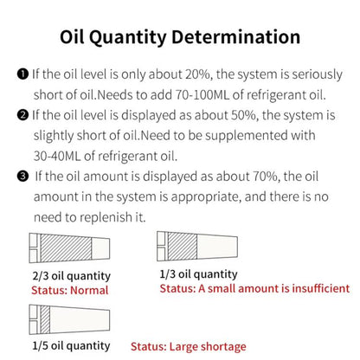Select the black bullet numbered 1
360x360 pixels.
point(22,74)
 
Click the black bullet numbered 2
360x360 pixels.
point(22,115)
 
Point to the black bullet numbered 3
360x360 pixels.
point(22,176)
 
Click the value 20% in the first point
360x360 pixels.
point(198,74)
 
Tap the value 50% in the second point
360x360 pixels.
point(244,115)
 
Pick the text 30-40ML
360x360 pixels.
point(57,156)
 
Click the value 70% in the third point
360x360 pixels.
point(266,177)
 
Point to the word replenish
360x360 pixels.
point(106,217)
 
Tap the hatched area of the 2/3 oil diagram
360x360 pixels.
point(66,248)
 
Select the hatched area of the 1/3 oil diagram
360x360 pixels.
point(183,246)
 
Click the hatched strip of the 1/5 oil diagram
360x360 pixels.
point(45,319)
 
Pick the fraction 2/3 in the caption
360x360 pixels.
point(41,276)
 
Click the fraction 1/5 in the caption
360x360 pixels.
point(40,346)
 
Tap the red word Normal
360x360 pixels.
point(89,290)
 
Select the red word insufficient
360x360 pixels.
point(321,288)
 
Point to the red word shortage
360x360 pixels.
point(223,347)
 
